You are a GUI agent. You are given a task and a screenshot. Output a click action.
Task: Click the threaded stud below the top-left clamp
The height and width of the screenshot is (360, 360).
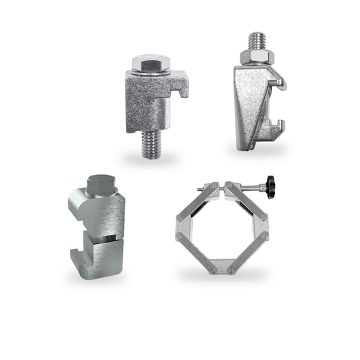[x=150, y=147]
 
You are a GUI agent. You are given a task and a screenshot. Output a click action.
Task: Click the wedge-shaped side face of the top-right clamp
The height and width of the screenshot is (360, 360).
[x=248, y=108]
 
